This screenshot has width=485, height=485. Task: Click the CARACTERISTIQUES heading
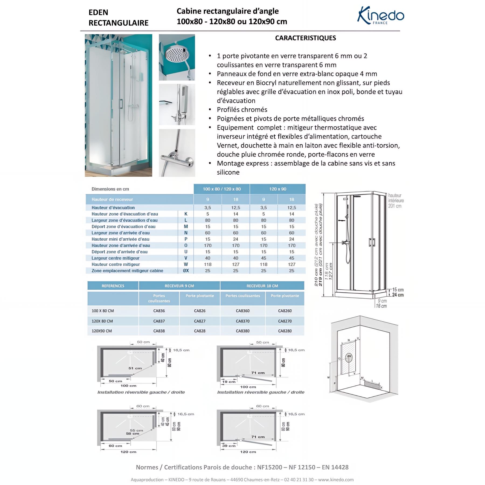click(x=305, y=38)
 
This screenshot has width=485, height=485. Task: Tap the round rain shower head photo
click(x=177, y=57)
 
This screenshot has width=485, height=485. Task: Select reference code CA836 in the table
click(x=159, y=311)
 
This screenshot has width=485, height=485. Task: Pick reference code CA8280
click(x=285, y=331)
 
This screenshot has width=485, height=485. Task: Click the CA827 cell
click(x=200, y=321)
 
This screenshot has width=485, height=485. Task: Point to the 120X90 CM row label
click(x=102, y=331)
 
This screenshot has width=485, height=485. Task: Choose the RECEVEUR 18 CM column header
click(x=262, y=286)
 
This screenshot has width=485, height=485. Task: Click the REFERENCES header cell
click(x=113, y=286)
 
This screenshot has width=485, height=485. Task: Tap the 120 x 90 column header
click(x=278, y=189)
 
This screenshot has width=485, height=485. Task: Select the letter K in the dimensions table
click(x=186, y=214)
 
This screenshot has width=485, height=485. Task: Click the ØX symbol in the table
click(x=186, y=271)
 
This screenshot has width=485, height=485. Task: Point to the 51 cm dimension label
click(x=135, y=368)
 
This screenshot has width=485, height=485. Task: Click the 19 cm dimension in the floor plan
click(x=229, y=382)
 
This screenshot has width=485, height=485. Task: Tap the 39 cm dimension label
click(x=229, y=446)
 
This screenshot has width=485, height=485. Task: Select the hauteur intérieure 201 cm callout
click(x=396, y=201)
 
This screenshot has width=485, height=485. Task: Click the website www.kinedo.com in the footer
click(x=338, y=480)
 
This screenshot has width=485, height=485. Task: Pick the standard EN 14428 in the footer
click(x=335, y=467)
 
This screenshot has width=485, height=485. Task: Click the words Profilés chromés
click(x=242, y=110)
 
